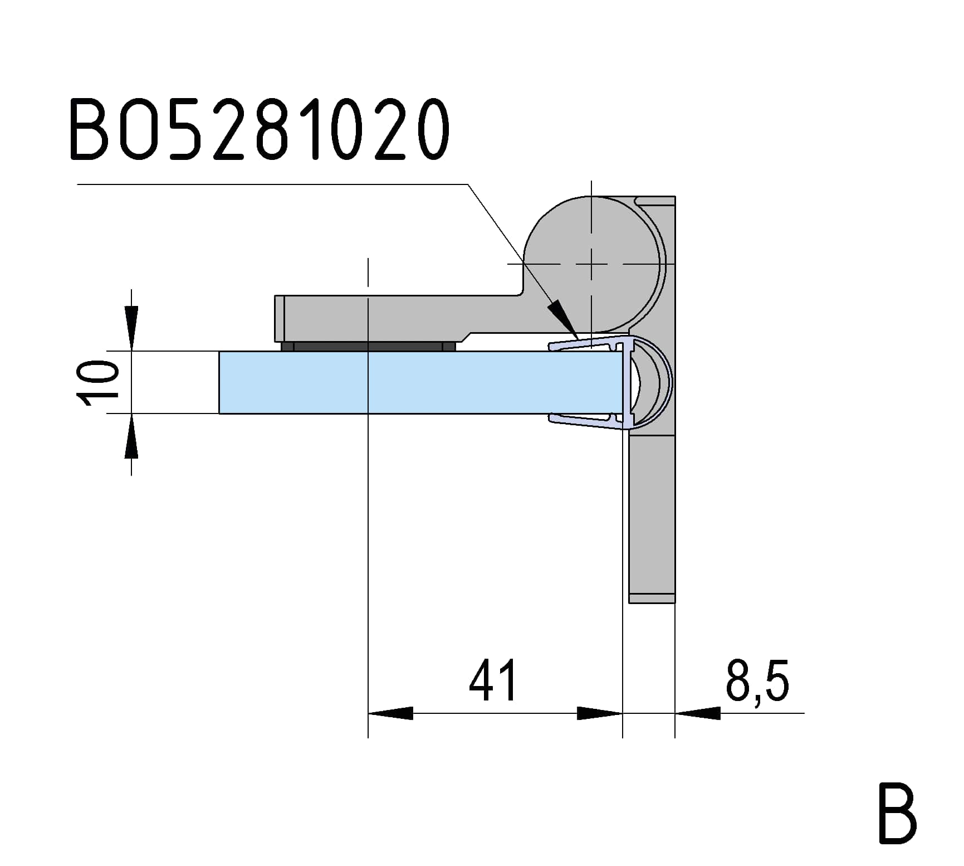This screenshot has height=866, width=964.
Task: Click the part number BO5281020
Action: tap(259, 129)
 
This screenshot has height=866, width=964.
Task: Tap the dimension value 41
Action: tap(493, 680)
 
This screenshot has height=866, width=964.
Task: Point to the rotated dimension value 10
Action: tap(98, 382)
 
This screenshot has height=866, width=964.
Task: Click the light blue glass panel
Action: tap(420, 382)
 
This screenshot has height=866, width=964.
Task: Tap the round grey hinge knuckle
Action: tap(591, 263)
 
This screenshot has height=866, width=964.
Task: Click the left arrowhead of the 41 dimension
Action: tap(390, 713)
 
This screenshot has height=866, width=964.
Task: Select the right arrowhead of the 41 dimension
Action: tap(600, 713)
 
